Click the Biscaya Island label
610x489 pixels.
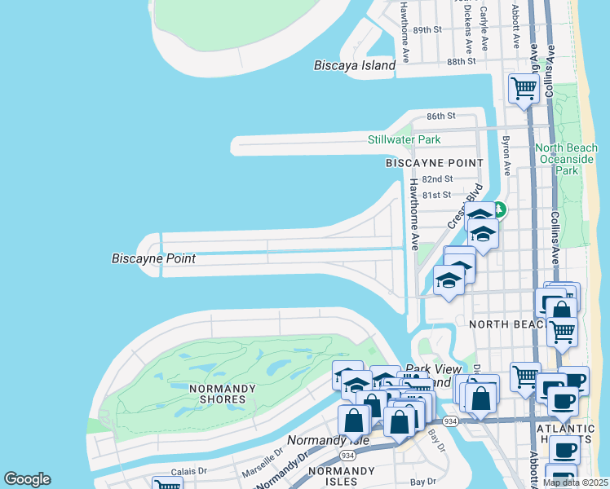tap(355, 65)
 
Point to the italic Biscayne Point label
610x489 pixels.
tap(153, 258)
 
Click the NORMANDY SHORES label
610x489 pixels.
tap(217, 394)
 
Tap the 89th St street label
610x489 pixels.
tap(427, 29)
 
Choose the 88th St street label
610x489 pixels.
tap(461, 61)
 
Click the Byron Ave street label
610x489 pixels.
tap(506, 150)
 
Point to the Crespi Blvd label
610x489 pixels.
tap(461, 211)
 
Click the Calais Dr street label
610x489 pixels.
tap(189, 472)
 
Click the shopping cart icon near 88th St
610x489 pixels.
tap(523, 87)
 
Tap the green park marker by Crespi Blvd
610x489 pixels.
tap(498, 210)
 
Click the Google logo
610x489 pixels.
tap(27, 479)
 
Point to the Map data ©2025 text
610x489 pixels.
tap(575, 482)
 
